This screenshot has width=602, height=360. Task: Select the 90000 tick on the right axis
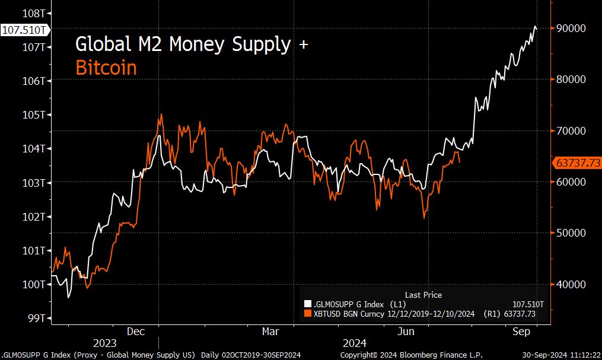570,28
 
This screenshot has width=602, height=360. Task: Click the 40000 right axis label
570,284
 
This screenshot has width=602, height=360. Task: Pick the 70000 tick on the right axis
570,130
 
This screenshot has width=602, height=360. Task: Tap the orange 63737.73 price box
576,163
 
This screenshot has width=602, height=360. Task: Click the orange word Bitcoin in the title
106,68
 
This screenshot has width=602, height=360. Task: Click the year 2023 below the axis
104,343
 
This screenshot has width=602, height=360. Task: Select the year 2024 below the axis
355,343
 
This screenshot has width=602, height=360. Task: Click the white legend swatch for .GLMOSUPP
307,304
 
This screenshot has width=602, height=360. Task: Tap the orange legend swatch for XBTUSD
307,313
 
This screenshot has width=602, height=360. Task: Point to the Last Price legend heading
423,294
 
